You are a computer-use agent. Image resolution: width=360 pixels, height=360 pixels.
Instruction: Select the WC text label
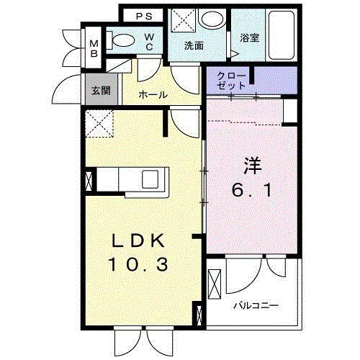(148, 41)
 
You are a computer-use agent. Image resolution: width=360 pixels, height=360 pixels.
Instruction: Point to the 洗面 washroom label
(193, 45)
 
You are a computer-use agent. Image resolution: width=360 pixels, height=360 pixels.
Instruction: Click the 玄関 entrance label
(99, 91)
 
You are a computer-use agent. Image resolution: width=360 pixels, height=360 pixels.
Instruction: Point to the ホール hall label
(153, 94)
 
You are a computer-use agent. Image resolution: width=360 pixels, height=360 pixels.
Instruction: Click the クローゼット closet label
(232, 80)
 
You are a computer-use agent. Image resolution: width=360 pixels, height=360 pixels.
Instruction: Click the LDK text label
(139, 240)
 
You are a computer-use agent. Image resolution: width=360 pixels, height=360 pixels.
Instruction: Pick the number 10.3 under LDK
(139, 265)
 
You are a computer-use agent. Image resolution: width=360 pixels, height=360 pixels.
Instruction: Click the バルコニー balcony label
(255, 305)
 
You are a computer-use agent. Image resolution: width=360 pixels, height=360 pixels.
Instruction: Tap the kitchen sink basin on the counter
(153, 179)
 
